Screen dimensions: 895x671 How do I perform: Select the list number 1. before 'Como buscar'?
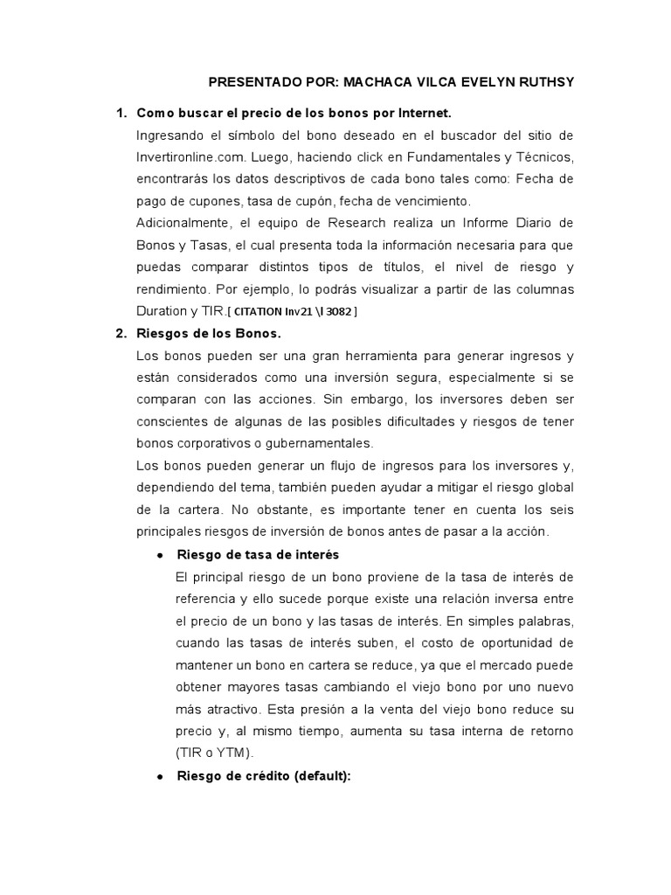pos(121,113)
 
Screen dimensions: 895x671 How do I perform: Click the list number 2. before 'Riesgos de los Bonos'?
pos(121,333)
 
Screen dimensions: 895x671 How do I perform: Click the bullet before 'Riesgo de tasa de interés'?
pos(159,556)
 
